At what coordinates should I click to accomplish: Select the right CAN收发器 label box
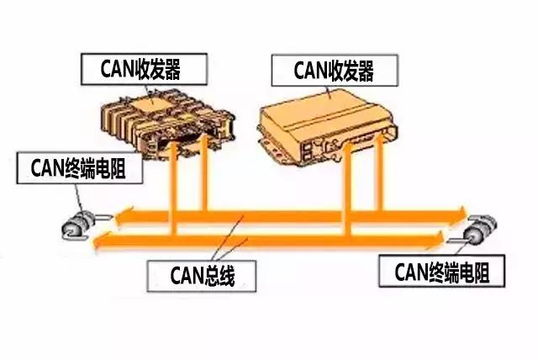tap(333, 71)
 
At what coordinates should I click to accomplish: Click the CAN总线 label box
tap(201, 275)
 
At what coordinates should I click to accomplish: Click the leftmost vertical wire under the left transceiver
tap(171, 189)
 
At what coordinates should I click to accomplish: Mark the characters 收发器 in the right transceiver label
tap(353, 71)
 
